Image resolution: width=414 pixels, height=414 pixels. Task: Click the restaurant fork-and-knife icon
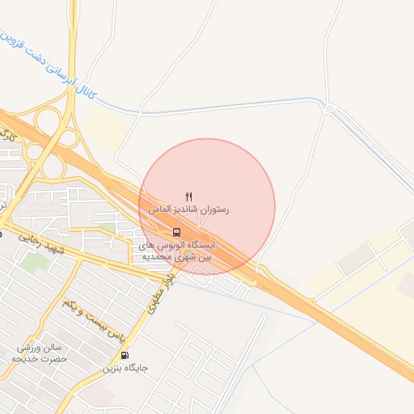pos(189,196)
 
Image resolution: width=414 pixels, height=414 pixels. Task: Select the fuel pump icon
pos(125,355)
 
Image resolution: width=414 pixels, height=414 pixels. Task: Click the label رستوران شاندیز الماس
pos(188,209)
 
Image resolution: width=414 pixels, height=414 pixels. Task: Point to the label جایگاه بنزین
pos(125,368)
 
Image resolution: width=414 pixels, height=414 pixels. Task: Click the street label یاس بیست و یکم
pos(95,319)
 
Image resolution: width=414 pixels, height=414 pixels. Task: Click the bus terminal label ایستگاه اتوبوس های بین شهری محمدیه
pos(177,250)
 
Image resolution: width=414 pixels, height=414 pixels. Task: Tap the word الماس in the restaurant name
pos(161,209)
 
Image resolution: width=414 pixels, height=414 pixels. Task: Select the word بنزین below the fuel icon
pos(113,368)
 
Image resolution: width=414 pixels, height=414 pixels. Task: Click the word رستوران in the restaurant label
pos(213,209)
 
